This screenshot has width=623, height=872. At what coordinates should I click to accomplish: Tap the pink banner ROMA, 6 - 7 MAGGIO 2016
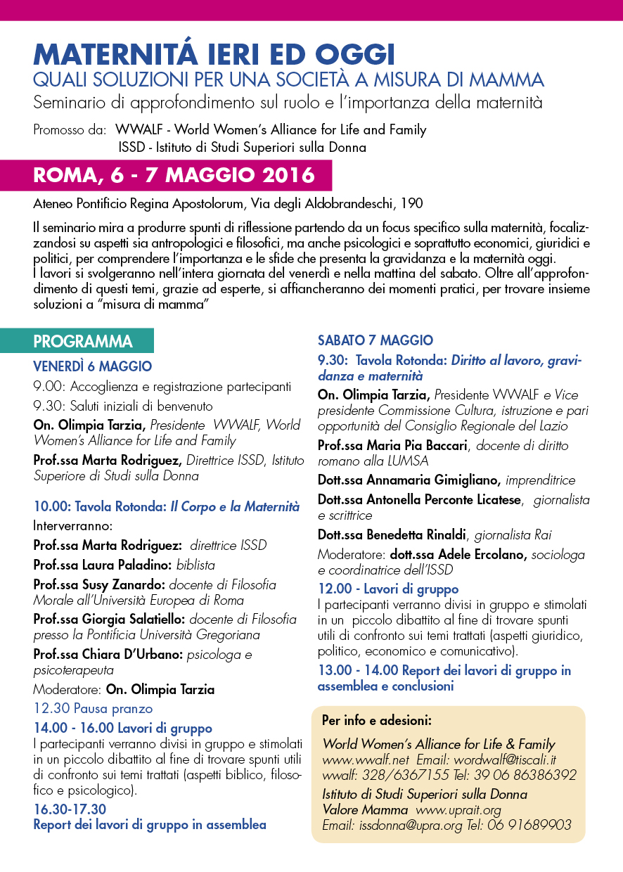pyautogui.click(x=174, y=176)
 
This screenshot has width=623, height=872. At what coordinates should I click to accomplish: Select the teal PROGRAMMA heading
pyautogui.click(x=83, y=342)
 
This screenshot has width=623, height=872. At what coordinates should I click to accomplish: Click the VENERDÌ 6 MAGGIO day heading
pyautogui.click(x=92, y=366)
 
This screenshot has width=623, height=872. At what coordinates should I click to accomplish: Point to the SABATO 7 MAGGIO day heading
pyautogui.click(x=375, y=340)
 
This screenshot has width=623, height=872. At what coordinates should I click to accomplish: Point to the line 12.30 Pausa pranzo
pyautogui.click(x=93, y=709)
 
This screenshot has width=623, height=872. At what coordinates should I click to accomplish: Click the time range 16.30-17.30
pyautogui.click(x=70, y=809)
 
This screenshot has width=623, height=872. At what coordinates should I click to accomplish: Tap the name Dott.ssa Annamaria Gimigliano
pyautogui.click(x=409, y=480)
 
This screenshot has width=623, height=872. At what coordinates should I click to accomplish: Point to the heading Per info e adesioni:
pyautogui.click(x=376, y=721)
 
